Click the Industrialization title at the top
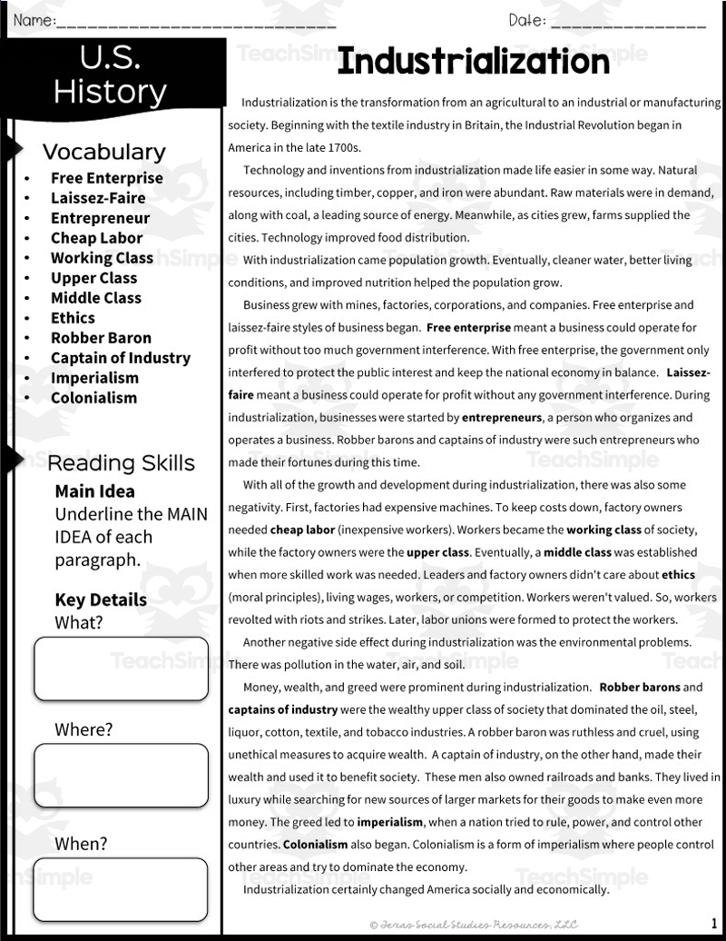pos(473,63)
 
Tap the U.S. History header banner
pos(110,74)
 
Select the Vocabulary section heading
pos(104,152)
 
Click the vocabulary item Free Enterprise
pos(107,178)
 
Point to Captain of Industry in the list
pos(121,358)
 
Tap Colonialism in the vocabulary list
pos(93,398)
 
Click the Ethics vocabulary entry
pos(73,318)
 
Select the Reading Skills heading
pos(121,463)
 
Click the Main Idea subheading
pos(94,491)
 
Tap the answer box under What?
pos(121,669)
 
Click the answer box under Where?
pos(121,775)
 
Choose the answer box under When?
pos(121,889)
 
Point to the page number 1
pos(714,923)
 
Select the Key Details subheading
pos(101,599)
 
